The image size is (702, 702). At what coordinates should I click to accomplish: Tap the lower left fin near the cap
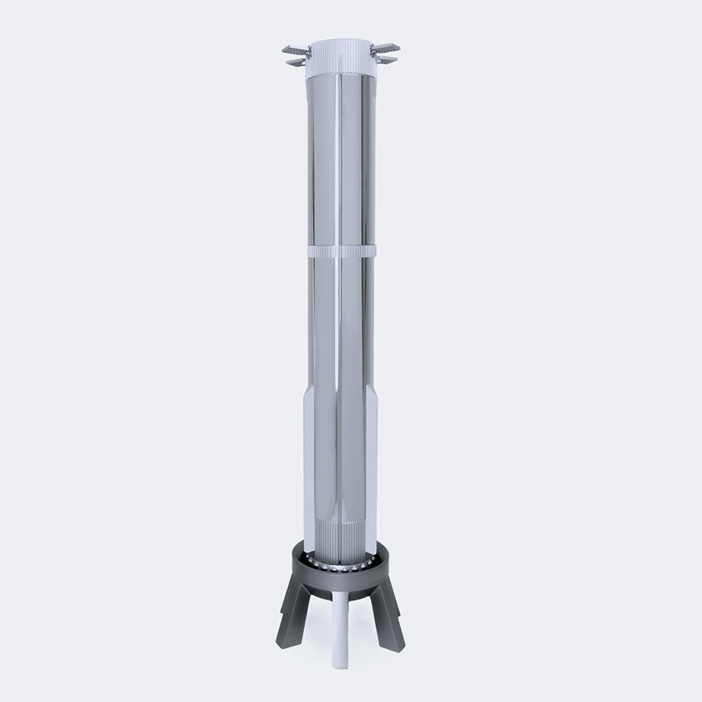[296, 62]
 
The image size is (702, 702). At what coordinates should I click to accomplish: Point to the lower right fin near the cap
[386, 60]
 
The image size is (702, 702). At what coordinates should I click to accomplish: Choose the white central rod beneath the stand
[341, 624]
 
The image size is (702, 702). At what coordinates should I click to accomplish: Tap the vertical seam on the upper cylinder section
[338, 156]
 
